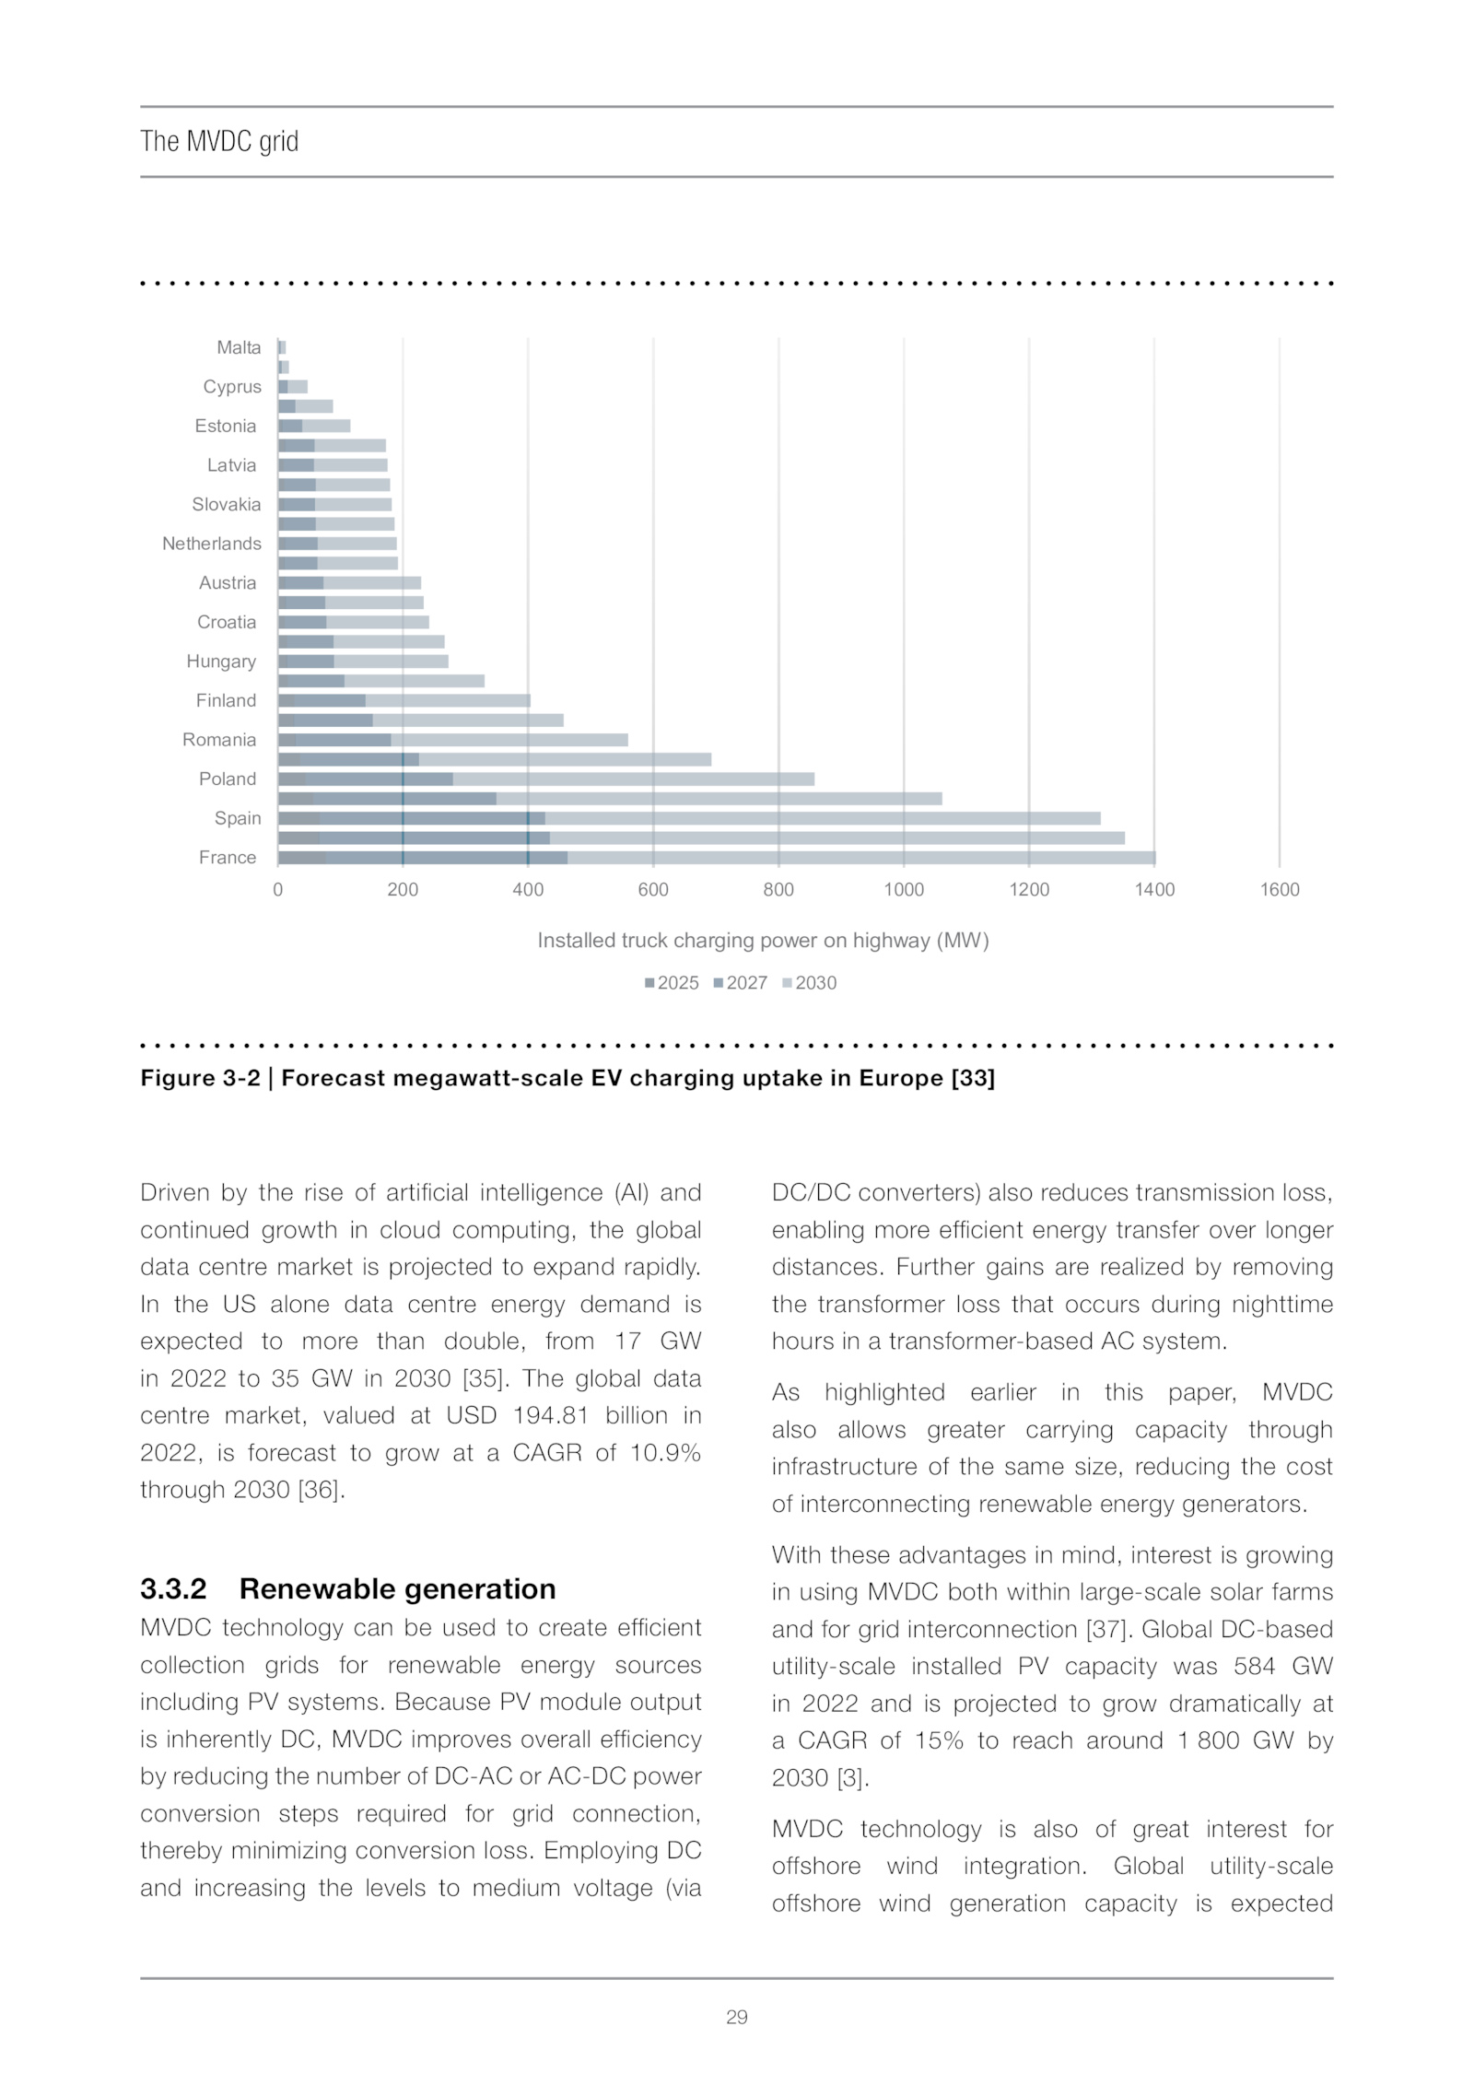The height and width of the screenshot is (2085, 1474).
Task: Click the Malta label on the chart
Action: pyautogui.click(x=239, y=347)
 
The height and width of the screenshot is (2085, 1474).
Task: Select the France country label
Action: pyautogui.click(x=228, y=857)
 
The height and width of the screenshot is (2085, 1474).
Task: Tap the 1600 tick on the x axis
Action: pyautogui.click(x=1279, y=889)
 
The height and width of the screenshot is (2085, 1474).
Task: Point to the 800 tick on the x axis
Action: pyautogui.click(x=778, y=889)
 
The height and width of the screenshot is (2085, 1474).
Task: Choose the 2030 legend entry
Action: pyautogui.click(x=810, y=983)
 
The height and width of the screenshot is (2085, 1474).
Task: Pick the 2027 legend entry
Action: pyautogui.click(x=741, y=983)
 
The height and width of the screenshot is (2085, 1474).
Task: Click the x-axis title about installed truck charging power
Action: pyautogui.click(x=763, y=940)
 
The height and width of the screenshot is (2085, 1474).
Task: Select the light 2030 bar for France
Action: pyautogui.click(x=861, y=858)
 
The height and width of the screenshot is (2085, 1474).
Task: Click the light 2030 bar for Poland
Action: pyautogui.click(x=633, y=779)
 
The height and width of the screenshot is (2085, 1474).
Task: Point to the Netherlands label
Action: pyautogui.click(x=212, y=544)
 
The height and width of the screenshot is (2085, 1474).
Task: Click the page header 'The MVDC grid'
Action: pyautogui.click(x=219, y=141)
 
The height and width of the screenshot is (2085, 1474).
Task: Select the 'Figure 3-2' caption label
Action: pyautogui.click(x=200, y=1078)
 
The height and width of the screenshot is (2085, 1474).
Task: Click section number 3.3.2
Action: pyautogui.click(x=173, y=1588)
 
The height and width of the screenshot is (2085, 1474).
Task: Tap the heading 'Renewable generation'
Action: pyautogui.click(x=397, y=1588)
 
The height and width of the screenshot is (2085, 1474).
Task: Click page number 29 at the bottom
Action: pyautogui.click(x=737, y=2017)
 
